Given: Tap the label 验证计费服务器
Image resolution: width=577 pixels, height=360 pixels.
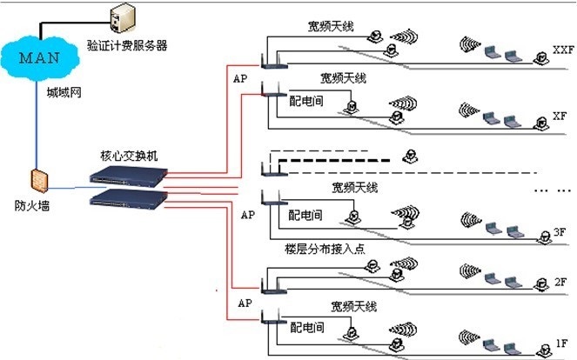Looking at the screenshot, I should [132, 44].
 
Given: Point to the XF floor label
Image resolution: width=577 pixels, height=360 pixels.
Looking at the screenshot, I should [560, 116].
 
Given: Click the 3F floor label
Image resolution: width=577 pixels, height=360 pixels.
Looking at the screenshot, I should [560, 232].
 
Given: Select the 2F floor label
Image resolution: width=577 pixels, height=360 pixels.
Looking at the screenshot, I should [560, 283].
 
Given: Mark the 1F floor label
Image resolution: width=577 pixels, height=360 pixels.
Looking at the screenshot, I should [560, 343].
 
